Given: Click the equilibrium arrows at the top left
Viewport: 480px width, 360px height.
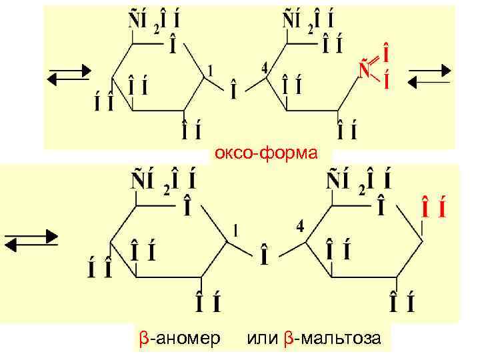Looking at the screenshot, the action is point(67,74).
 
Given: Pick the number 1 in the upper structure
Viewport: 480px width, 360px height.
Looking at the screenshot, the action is point(211,70).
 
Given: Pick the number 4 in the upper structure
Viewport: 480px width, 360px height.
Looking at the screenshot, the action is point(265,68).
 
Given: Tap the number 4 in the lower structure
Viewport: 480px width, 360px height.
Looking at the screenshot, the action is point(301,227).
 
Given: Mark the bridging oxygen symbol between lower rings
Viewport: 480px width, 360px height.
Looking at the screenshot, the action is point(265,256).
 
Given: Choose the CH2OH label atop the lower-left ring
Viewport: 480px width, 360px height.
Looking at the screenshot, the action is point(162,181).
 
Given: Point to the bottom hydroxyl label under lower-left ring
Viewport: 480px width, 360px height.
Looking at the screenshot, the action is point(207,304).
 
